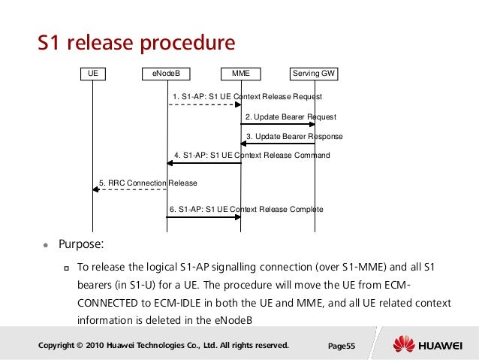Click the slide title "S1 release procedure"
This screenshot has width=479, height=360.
point(136,43)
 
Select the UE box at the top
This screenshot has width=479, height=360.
point(93,74)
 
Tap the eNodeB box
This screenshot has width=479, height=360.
point(167,74)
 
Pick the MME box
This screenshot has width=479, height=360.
point(241,74)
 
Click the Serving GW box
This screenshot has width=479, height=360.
point(314,74)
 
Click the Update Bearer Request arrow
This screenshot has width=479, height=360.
point(278,124)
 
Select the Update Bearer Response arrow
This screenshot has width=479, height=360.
point(278,144)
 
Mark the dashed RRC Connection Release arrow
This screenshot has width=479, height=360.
point(130,189)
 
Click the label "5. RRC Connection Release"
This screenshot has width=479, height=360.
point(147,183)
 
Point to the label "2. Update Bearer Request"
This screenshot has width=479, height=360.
point(291,117)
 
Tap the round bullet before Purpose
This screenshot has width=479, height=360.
point(45,246)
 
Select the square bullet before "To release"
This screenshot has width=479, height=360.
point(65,267)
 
